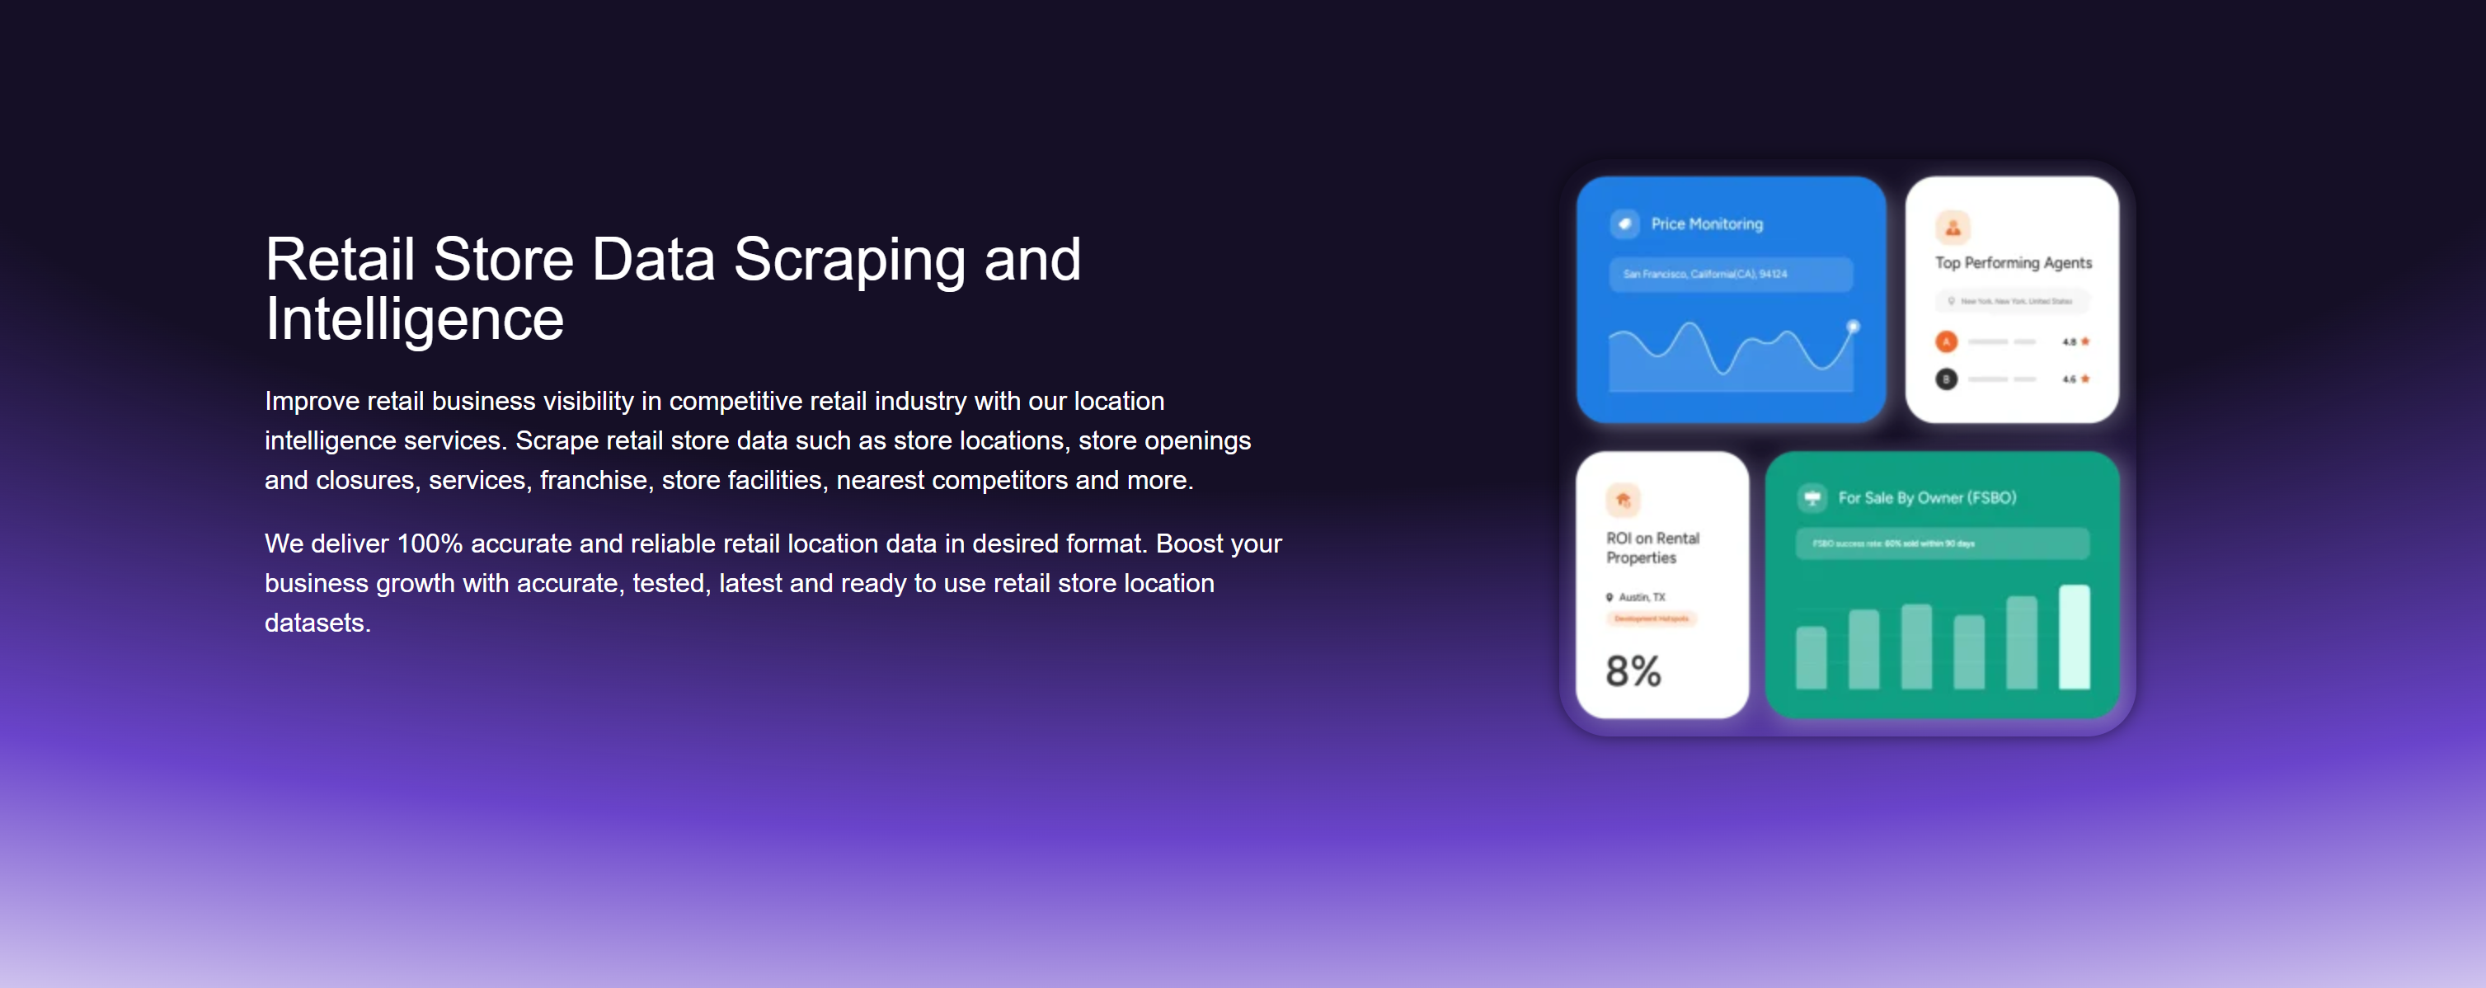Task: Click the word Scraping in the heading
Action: click(x=848, y=260)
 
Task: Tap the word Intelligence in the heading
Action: click(x=414, y=319)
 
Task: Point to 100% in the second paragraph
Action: click(x=430, y=544)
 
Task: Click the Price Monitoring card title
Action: click(x=1706, y=223)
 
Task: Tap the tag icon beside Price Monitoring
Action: click(x=1625, y=223)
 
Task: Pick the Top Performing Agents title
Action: click(x=2013, y=262)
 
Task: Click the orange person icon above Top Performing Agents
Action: click(x=1953, y=228)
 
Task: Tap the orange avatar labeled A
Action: click(x=1947, y=341)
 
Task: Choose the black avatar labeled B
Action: click(x=1947, y=379)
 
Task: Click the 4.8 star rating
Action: click(x=2075, y=341)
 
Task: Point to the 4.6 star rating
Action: click(x=2075, y=379)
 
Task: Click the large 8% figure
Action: click(x=1633, y=670)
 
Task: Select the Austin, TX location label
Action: click(x=1641, y=597)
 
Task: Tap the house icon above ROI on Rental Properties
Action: click(x=1624, y=500)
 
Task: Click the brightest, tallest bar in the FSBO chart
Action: click(x=2074, y=637)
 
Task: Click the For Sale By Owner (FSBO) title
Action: click(x=1926, y=498)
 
